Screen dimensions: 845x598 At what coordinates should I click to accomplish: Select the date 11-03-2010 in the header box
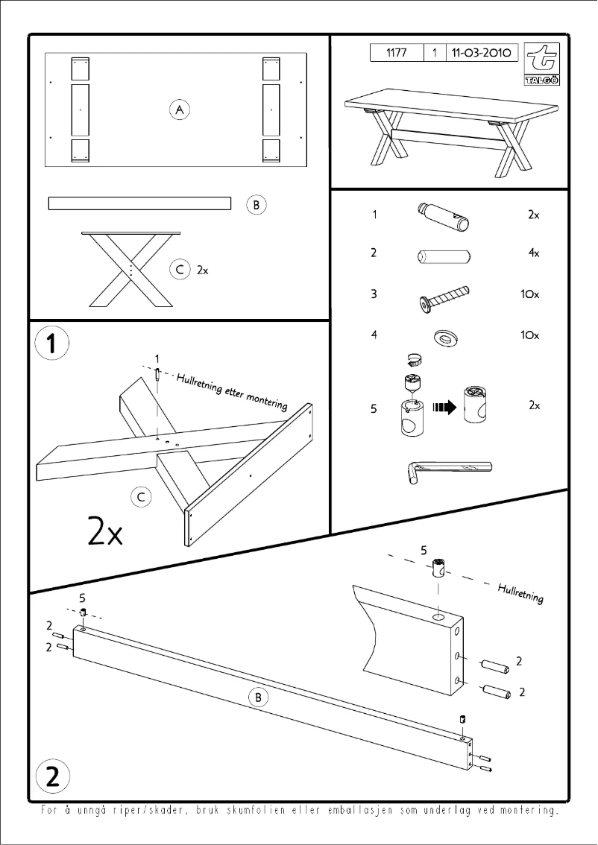[479, 53]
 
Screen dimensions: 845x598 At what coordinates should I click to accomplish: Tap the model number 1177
[396, 53]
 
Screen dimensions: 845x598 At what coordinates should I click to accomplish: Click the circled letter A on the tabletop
[179, 110]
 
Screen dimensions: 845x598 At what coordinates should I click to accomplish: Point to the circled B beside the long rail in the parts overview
[256, 203]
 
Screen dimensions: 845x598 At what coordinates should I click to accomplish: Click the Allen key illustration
[448, 470]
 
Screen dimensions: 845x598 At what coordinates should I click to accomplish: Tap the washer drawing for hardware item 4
[445, 337]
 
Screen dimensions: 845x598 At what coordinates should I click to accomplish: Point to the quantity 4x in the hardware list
[533, 253]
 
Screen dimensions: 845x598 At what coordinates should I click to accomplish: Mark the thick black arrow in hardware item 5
[444, 408]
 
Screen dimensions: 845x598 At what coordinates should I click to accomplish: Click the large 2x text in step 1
[104, 531]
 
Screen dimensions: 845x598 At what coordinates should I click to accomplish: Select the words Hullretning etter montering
[231, 391]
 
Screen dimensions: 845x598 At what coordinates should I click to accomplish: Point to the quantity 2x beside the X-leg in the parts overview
[202, 271]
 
